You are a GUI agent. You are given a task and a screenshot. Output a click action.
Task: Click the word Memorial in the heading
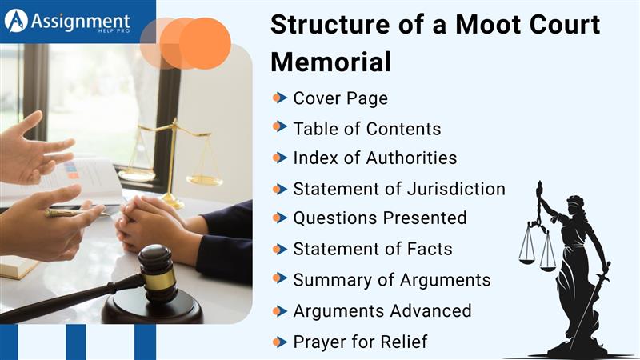[x=330, y=62]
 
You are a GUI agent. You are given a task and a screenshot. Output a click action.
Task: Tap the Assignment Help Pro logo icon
[x=16, y=21]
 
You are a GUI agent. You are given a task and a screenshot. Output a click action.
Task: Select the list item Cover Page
[x=340, y=98]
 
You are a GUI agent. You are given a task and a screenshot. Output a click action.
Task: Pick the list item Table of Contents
[x=366, y=128]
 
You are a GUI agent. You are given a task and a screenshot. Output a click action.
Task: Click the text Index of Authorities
[x=374, y=158]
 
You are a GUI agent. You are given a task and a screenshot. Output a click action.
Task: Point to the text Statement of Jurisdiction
[x=398, y=189]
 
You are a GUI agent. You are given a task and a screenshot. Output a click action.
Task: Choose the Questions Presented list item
[x=379, y=218]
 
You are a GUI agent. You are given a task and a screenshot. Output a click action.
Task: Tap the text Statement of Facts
[x=372, y=249]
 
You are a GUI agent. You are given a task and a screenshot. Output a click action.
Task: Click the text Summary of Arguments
[x=391, y=279]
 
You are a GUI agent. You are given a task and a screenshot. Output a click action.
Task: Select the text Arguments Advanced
[x=382, y=310]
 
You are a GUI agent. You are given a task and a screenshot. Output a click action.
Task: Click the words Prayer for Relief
[x=360, y=342]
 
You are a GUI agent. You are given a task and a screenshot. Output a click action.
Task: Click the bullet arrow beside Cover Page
[x=278, y=98]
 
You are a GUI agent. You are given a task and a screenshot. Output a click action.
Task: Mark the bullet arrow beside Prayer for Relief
[x=278, y=342]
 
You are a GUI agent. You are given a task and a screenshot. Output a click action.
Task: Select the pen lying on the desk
[x=77, y=213]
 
